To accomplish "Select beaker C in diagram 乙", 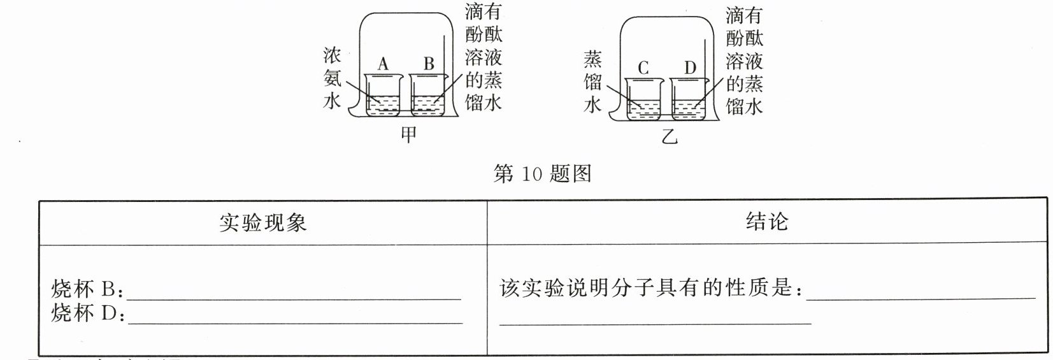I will pos(644,99).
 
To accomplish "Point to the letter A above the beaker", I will pos(383,64).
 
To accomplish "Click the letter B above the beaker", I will pos(429,64).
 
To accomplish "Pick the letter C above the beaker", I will pos(643,68).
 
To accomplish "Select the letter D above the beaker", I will pos(690,68).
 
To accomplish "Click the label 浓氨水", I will pos(333,78).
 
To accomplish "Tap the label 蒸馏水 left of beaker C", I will pos(592,82).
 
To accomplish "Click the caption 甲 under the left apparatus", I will pos(408,134).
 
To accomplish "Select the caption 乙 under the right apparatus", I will pos(669,136).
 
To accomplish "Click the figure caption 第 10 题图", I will pos(542,174).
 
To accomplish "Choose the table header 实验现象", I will pos(263,222).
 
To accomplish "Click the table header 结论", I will pos(767,222).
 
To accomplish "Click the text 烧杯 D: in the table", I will pos(87,313).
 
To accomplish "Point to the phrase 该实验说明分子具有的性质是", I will pos(650,289).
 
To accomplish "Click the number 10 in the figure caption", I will pos(531,174).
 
